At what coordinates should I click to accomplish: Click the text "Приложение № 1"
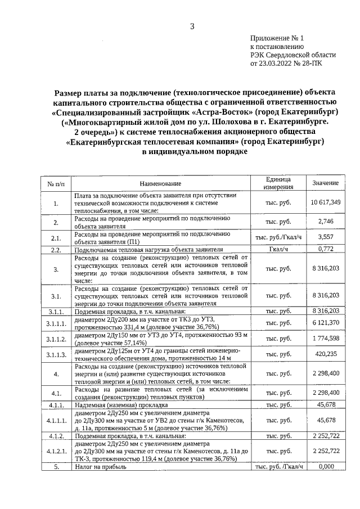[x=276, y=39]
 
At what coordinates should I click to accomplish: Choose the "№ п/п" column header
[x=56, y=183]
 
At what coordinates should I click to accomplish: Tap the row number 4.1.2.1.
[x=56, y=451]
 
